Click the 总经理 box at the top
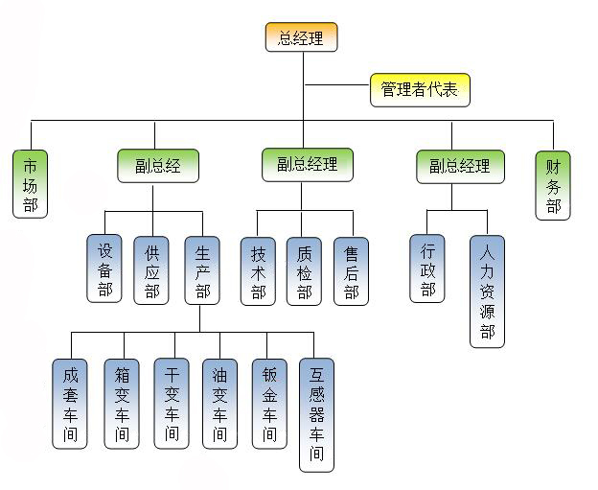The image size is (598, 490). (301, 37)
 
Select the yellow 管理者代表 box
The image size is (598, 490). (420, 90)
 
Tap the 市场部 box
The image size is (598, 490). (31, 183)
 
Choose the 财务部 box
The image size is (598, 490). (553, 183)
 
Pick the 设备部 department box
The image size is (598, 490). (104, 268)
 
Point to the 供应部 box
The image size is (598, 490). (151, 269)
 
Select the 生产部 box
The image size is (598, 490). (202, 269)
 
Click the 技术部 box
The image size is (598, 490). (258, 270)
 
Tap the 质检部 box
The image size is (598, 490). (304, 270)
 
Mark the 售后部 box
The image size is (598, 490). (351, 270)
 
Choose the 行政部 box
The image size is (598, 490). (427, 268)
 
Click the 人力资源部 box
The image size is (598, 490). (487, 291)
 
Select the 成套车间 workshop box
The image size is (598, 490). (70, 403)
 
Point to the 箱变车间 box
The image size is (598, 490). (121, 403)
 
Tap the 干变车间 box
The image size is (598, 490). (171, 403)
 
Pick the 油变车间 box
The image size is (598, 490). (219, 403)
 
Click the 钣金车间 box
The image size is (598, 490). (269, 403)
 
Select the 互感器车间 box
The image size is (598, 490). (317, 414)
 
